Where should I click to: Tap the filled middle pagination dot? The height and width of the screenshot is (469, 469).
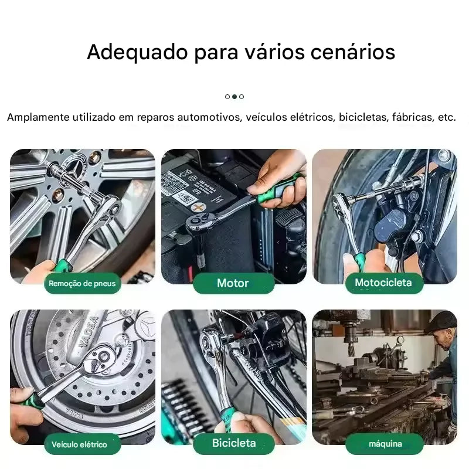235,97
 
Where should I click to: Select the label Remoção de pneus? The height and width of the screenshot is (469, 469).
82,284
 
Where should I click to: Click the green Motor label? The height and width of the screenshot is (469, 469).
233,283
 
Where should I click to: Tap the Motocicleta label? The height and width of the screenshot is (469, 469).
383,283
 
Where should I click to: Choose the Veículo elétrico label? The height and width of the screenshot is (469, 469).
80,444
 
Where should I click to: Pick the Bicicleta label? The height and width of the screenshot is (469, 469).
234,443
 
